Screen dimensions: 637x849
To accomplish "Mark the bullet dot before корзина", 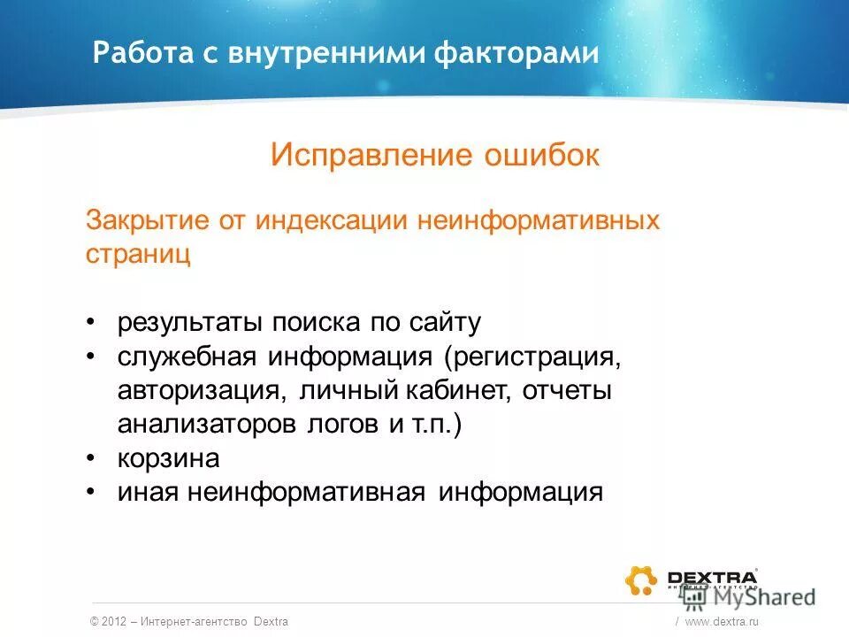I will click(92, 458).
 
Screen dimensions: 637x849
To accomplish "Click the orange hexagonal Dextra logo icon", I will click(641, 579).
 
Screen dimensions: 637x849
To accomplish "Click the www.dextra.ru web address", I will click(723, 622).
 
